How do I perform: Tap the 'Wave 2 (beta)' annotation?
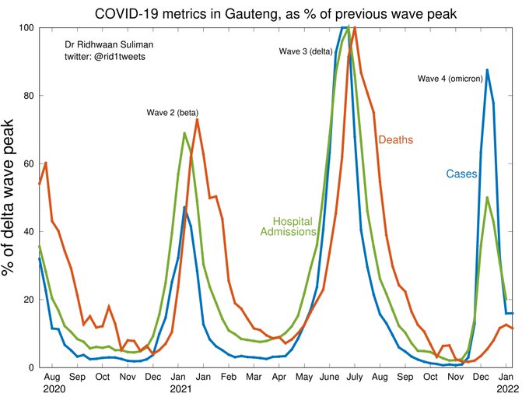click(x=173, y=113)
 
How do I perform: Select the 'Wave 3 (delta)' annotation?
click(x=305, y=51)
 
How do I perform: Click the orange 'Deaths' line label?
click(x=395, y=140)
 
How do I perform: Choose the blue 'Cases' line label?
click(x=461, y=174)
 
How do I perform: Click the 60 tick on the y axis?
click(x=26, y=163)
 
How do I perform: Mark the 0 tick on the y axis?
click(x=30, y=367)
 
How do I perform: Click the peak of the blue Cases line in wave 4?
click(x=487, y=70)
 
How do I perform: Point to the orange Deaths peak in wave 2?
click(x=198, y=119)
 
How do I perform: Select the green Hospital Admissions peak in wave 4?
click(x=487, y=198)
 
